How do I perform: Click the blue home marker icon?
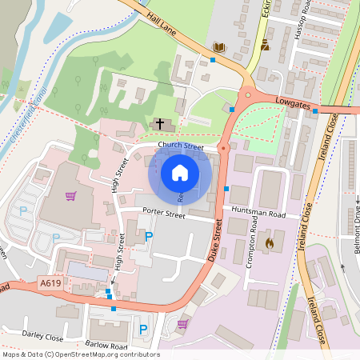[180, 173]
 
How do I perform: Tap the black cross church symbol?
[160, 124]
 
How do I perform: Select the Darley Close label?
[43, 334]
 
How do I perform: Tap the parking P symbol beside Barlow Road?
[143, 329]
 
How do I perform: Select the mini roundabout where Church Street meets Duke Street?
[222, 148]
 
